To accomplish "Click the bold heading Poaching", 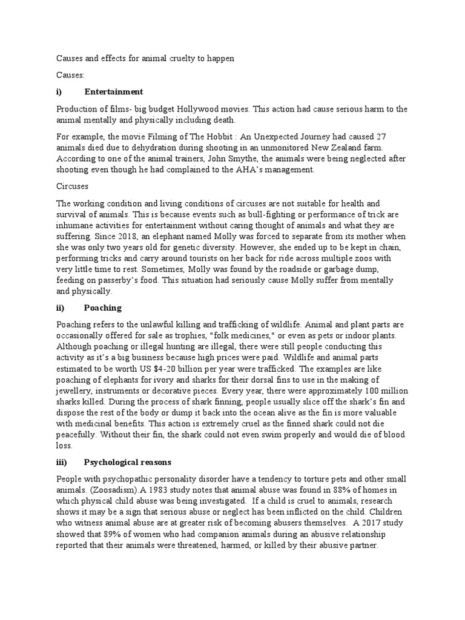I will [x=103, y=308].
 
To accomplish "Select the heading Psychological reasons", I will [x=128, y=463].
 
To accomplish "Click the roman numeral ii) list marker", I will [x=60, y=308].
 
